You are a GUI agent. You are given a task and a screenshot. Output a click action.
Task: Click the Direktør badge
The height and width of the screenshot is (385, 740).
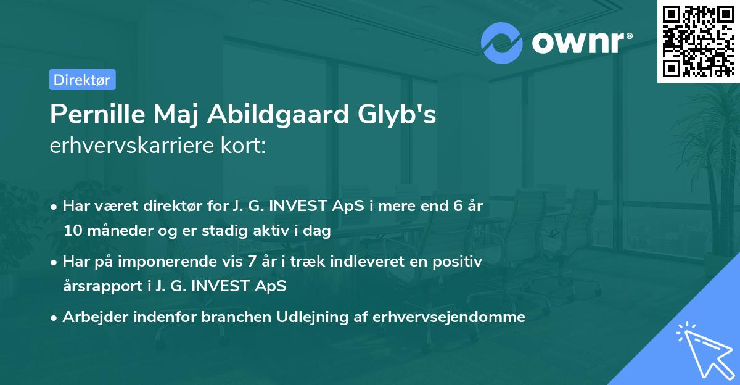82,80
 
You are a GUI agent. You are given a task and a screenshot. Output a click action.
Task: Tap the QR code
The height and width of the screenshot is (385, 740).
697,41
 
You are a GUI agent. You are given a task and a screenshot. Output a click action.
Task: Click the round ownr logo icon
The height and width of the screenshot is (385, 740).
502,43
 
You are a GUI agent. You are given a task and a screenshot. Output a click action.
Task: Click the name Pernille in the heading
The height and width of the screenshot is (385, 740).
91,115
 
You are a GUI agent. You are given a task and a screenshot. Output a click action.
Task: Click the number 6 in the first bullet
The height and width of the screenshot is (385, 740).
457,207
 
